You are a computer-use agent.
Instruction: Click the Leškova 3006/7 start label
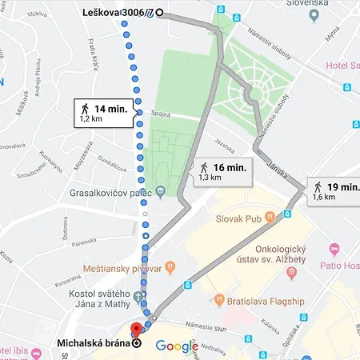click(x=118, y=13)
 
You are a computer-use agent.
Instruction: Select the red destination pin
click(x=136, y=329)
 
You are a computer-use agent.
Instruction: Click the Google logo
click(x=176, y=346)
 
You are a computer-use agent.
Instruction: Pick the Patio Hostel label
click(x=340, y=266)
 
